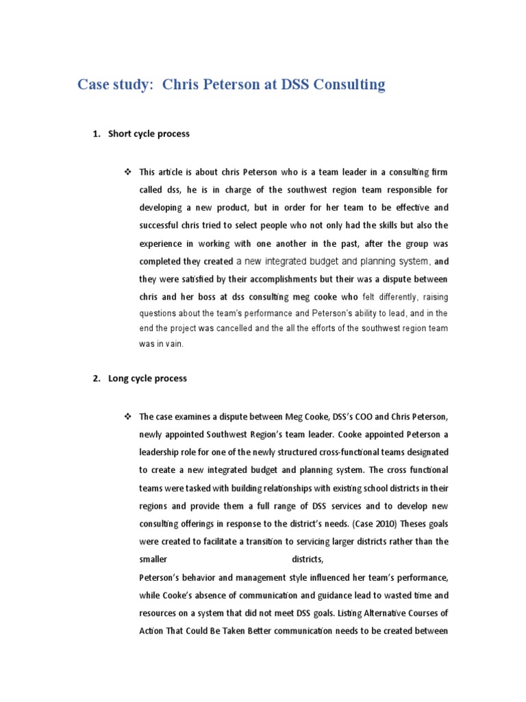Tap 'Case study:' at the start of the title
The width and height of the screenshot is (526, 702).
pos(115,85)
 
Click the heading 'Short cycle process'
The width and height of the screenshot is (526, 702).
pos(149,134)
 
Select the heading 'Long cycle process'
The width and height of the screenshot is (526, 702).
pos(147,378)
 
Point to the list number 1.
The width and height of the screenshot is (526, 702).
pos(95,134)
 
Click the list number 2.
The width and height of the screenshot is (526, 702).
pos(95,378)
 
